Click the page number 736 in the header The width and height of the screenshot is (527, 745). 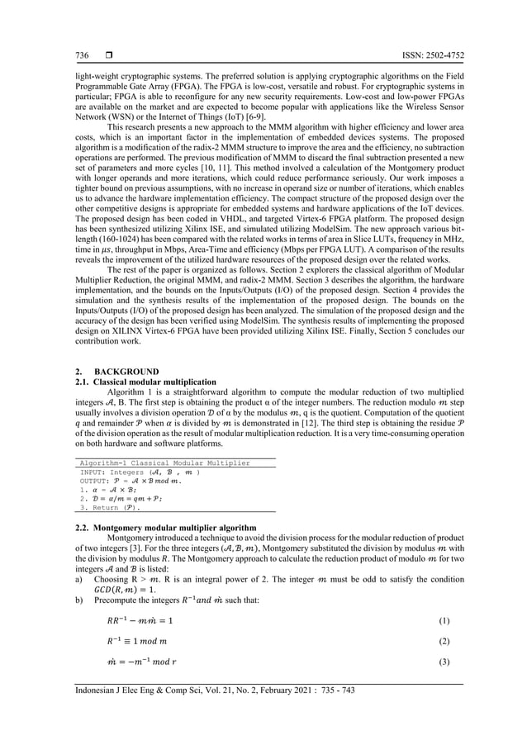[83, 55]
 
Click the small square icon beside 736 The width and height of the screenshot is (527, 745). [107, 55]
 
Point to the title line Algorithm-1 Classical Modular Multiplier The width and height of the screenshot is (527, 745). [164, 463]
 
